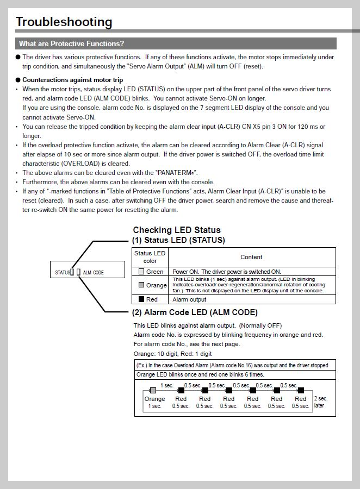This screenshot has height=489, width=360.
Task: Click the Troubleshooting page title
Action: click(x=64, y=22)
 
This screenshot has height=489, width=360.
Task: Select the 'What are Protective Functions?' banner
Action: click(x=71, y=43)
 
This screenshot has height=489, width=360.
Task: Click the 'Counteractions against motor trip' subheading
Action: click(x=72, y=80)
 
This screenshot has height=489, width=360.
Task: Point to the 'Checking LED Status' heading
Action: click(x=177, y=230)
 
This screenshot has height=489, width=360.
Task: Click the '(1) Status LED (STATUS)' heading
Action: click(x=178, y=240)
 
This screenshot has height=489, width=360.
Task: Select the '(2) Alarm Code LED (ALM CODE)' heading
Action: click(x=195, y=312)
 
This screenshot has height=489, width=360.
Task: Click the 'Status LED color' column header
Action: click(x=150, y=257)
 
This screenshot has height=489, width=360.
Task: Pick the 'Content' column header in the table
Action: click(x=251, y=257)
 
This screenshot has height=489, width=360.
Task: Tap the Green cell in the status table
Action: click(x=151, y=272)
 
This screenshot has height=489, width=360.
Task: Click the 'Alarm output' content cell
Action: click(x=189, y=299)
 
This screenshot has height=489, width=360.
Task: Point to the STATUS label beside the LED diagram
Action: click(x=62, y=272)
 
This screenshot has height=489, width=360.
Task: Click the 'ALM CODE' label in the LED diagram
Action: click(x=93, y=272)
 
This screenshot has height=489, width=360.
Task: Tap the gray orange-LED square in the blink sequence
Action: click(x=153, y=390)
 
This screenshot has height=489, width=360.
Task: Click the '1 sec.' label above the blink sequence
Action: click(x=167, y=385)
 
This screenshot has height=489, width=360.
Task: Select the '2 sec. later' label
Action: click(x=321, y=402)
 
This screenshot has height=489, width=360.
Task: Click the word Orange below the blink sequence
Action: click(x=154, y=399)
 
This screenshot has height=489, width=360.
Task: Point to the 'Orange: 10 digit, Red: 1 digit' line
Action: click(x=173, y=354)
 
